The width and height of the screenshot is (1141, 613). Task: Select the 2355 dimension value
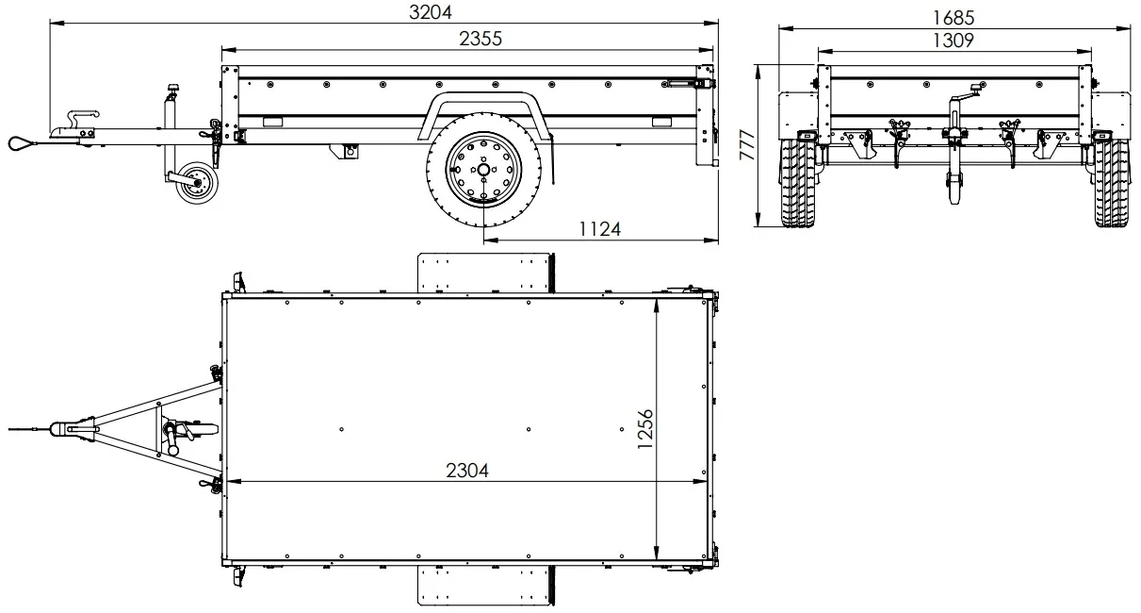(x=480, y=39)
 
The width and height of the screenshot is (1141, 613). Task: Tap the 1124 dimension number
(x=599, y=230)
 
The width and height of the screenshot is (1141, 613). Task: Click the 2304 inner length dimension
(x=467, y=470)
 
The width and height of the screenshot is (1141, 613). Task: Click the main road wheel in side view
(x=482, y=171)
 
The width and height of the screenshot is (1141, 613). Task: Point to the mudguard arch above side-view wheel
(x=481, y=103)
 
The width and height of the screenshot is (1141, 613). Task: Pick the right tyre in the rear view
(x=1111, y=185)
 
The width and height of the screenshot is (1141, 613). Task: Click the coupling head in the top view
(x=75, y=428)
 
